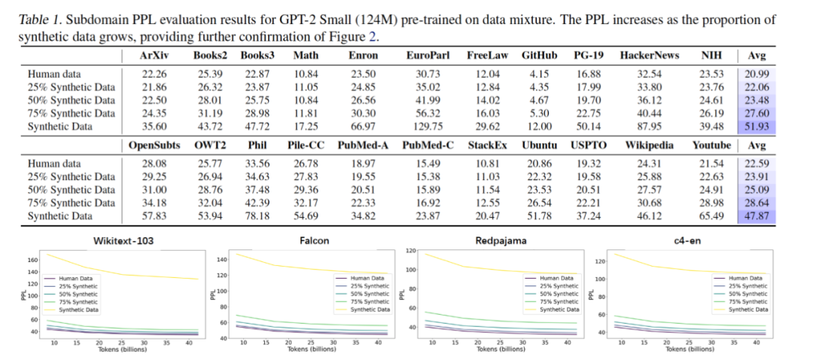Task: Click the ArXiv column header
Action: (x=154, y=56)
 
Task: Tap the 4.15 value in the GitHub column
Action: (x=539, y=74)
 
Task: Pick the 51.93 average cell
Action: (x=756, y=126)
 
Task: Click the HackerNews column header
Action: (x=649, y=56)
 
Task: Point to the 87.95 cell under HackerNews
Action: (x=649, y=126)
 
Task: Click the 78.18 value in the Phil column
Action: (x=257, y=216)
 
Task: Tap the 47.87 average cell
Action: (x=756, y=216)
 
